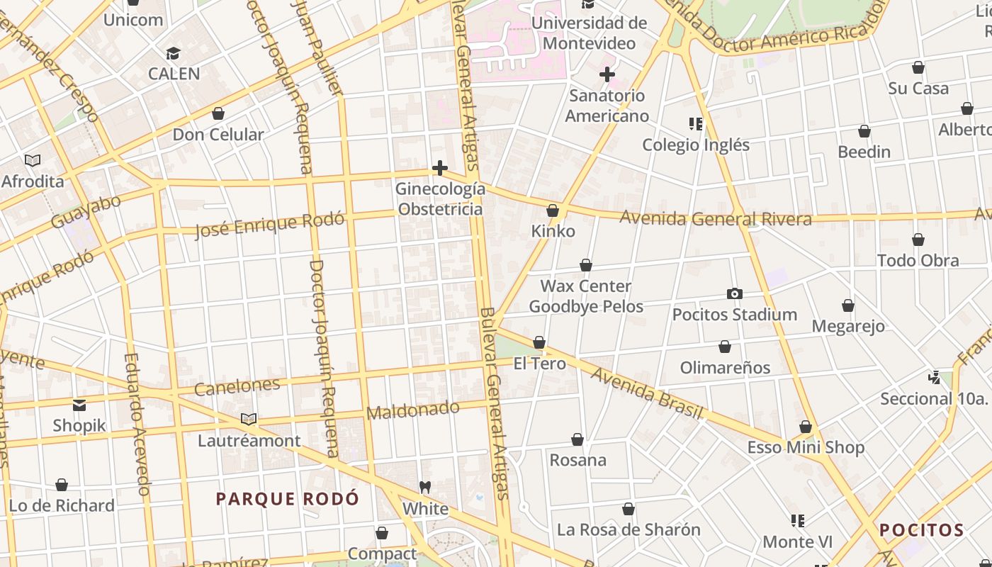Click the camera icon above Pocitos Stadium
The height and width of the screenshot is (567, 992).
[735, 293]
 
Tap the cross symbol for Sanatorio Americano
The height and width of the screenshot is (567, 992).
[607, 74]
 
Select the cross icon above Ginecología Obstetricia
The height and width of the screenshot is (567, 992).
[440, 168]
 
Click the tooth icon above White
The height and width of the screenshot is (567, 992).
[425, 488]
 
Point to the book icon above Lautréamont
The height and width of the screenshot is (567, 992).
[249, 420]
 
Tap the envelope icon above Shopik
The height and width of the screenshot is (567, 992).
[79, 405]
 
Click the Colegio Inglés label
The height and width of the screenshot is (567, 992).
[695, 145]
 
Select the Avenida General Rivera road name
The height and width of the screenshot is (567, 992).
[716, 218]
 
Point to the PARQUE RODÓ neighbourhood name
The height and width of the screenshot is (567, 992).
[287, 499]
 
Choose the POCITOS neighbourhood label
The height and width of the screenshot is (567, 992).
[921, 530]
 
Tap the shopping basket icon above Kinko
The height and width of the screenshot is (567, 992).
[553, 210]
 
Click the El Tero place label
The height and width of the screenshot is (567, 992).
[539, 364]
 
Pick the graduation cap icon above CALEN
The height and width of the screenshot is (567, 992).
[173, 54]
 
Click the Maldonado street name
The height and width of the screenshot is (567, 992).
[413, 410]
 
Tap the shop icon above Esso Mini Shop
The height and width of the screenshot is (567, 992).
[806, 427]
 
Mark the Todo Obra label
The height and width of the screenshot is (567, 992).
[918, 260]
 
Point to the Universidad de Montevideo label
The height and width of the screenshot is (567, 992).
[589, 33]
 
